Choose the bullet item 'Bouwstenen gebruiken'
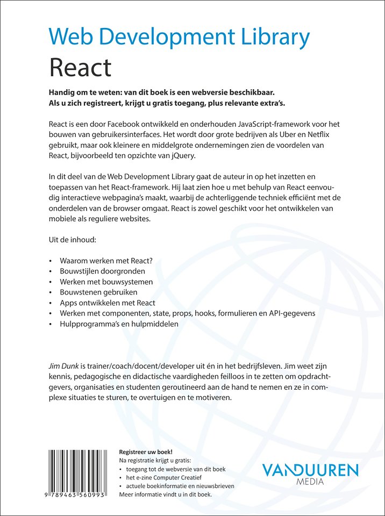point(99,292)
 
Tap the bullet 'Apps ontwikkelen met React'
point(108,303)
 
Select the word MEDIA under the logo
point(310,482)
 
